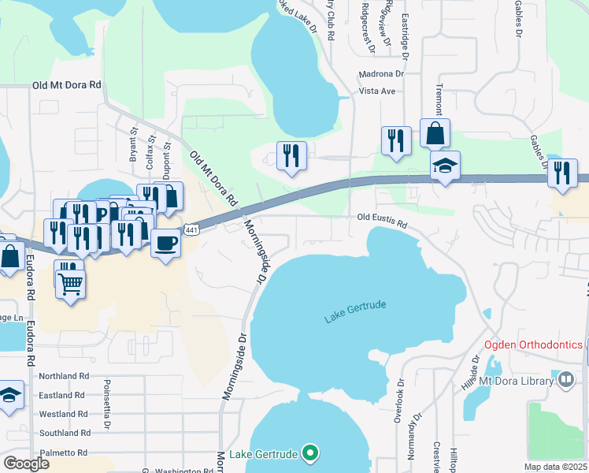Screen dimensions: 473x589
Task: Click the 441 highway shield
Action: click(x=191, y=229)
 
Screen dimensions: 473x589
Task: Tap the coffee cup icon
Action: click(x=165, y=242)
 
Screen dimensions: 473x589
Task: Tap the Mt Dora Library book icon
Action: click(x=565, y=381)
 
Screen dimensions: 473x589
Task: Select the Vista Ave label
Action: click(x=376, y=91)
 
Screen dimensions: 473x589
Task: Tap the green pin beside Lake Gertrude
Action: click(x=310, y=454)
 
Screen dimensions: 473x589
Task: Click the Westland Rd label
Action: click(x=64, y=414)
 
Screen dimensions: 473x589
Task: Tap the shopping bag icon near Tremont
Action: click(x=435, y=133)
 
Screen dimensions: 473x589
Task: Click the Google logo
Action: click(x=25, y=463)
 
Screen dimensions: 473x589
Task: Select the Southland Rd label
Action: click(x=64, y=434)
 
